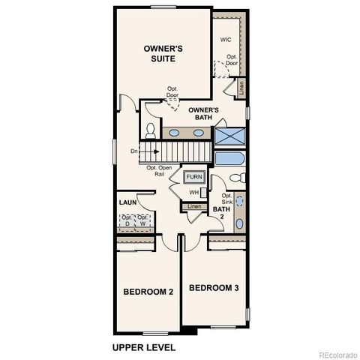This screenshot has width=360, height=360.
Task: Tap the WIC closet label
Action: tap(226, 40)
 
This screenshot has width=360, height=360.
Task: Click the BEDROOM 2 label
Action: tap(148, 291)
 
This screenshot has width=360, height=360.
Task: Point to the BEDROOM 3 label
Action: tap(214, 288)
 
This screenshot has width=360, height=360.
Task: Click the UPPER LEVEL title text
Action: tap(143, 347)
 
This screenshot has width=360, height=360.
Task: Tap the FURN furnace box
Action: tap(195, 177)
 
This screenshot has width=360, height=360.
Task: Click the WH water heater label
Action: tap(193, 193)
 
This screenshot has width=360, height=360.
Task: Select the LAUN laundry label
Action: tap(127, 202)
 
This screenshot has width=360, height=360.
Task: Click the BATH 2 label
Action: tap(220, 212)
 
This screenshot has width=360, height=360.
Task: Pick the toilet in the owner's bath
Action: tap(150, 131)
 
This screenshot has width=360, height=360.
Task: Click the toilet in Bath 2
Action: tap(235, 178)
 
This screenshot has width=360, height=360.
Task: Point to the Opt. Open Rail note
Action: tap(159, 171)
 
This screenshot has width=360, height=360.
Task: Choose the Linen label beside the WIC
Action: tap(241, 87)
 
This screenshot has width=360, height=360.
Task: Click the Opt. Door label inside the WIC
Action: tap(232, 61)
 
